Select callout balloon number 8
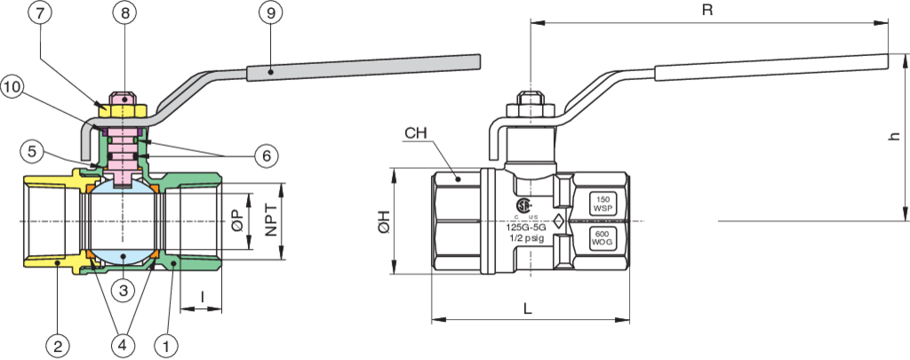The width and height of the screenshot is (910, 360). [124, 14]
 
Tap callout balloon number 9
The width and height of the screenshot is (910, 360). [270, 14]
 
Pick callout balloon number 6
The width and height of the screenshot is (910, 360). [265, 155]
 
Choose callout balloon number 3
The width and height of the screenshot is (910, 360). [124, 290]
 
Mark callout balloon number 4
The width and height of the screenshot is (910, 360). [124, 341]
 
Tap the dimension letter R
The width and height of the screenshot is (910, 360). [708, 11]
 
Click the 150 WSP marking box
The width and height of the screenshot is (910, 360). [603, 204]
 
